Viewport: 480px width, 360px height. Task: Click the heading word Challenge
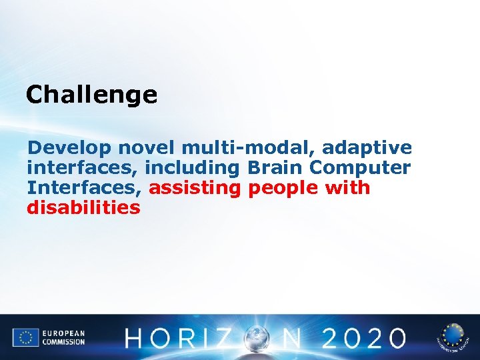[x=91, y=95]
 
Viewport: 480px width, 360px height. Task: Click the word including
[x=191, y=167]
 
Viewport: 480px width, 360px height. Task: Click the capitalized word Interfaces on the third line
[x=84, y=187]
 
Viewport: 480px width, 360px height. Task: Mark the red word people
[x=283, y=187]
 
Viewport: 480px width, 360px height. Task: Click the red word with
[x=347, y=187]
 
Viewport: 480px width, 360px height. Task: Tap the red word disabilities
[x=84, y=208]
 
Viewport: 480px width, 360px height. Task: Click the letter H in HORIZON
[x=137, y=339]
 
